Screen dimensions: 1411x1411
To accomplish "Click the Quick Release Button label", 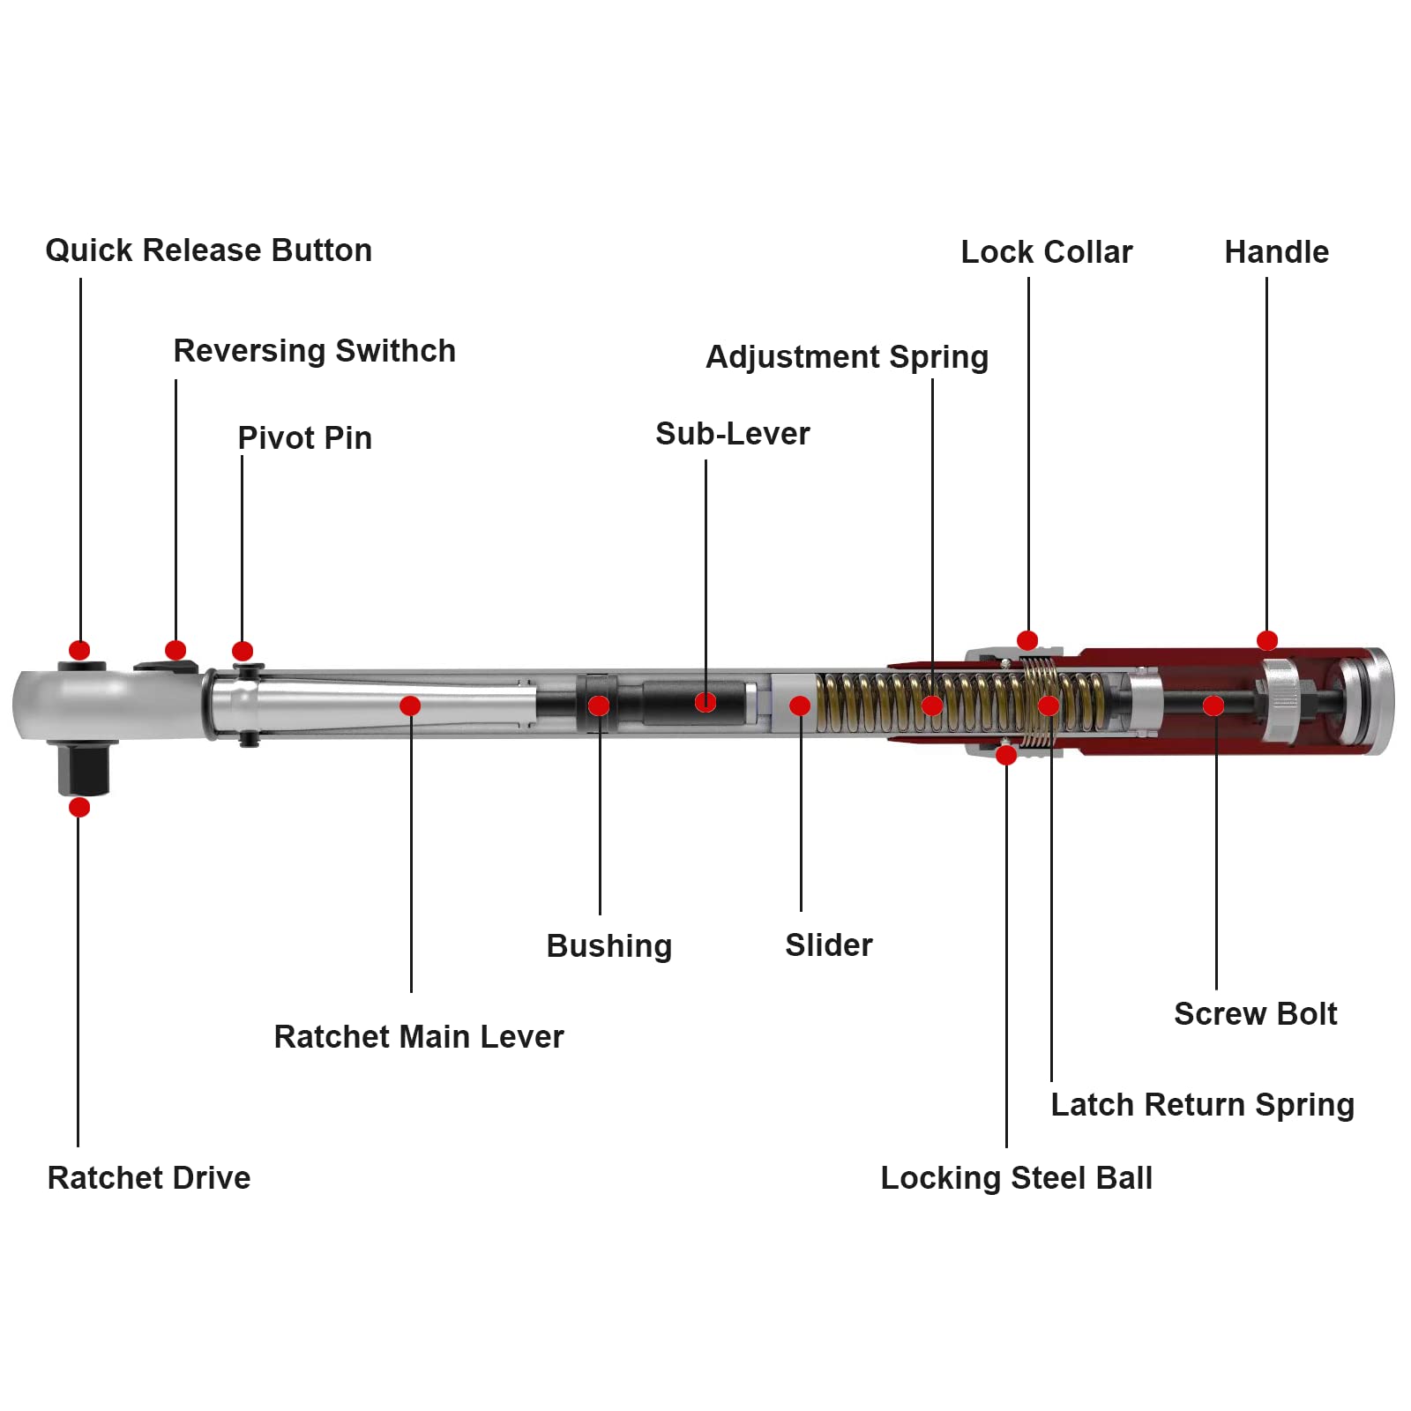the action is coord(209,250).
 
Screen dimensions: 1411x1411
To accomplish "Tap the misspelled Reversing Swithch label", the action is coord(315,351).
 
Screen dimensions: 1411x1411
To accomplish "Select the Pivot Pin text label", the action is coord(305,438).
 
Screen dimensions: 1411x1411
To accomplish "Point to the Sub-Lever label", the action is coord(733,434).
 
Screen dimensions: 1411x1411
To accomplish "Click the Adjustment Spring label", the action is coord(847,357).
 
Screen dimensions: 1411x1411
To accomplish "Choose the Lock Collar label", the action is coord(1047,252).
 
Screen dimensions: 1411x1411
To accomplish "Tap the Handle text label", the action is coord(1277,252).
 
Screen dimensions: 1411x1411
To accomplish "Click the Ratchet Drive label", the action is coord(149,1178).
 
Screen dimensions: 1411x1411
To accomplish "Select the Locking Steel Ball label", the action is coord(1017,1178).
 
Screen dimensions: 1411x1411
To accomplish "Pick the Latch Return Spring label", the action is coord(1203,1105).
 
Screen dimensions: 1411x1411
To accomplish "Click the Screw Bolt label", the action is coord(1256,1014).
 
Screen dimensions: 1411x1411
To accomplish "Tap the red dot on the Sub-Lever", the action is coord(705,702).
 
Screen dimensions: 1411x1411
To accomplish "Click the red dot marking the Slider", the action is coord(800,705).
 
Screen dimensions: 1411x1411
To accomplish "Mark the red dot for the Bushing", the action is coord(599,705).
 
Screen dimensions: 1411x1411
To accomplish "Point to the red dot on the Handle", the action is coord(1267,641).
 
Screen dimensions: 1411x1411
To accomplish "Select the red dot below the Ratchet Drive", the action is coord(79,807).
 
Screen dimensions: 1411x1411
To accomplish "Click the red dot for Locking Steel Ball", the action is coord(1006,755).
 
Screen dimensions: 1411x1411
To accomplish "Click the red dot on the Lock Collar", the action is coord(1027,640).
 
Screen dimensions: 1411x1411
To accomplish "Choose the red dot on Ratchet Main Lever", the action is coord(410,705).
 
